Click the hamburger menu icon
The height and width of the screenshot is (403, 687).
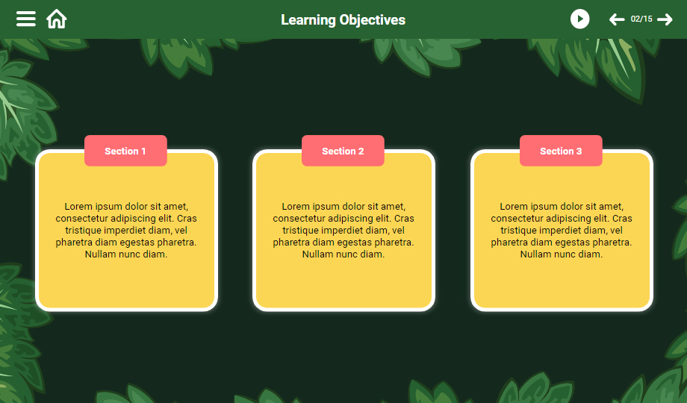tap(26, 19)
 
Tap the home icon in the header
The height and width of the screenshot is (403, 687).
tap(57, 19)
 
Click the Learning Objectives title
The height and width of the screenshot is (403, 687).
tap(343, 19)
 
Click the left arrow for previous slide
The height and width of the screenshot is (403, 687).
tap(617, 19)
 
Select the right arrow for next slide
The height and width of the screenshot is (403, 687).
tap(665, 19)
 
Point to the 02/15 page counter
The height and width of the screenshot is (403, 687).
tap(641, 19)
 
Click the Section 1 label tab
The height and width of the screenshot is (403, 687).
tap(125, 151)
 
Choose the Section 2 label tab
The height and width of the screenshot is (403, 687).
tap(343, 151)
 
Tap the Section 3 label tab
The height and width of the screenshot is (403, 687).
tap(561, 151)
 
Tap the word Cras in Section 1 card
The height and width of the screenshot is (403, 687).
tap(187, 218)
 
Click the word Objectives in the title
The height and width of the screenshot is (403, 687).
tap(373, 20)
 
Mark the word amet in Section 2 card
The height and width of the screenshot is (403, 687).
tap(393, 207)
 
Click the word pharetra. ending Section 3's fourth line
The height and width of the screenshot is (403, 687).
tap(612, 243)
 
